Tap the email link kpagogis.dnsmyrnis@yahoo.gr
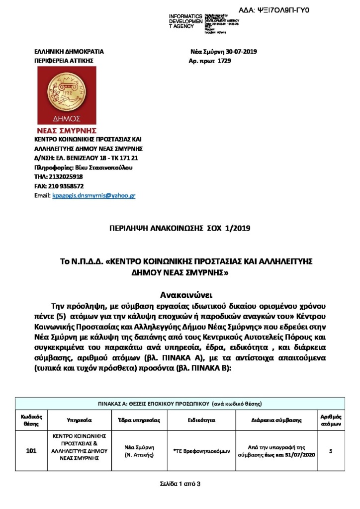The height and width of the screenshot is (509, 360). point(93,196)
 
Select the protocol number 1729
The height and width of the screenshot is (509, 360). point(225,61)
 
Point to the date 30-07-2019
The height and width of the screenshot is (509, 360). point(242,52)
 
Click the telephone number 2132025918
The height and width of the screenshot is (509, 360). point(66,177)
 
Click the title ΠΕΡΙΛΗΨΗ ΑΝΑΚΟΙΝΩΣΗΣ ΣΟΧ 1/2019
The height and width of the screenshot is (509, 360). point(180,228)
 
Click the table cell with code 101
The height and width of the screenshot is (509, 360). point(31,451)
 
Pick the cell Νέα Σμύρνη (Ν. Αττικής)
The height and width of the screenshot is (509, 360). point(139,451)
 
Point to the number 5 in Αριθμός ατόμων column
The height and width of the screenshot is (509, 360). point(331,451)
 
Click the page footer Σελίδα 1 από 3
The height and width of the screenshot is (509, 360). point(180,484)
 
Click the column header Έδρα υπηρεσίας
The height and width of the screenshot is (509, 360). point(139,420)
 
